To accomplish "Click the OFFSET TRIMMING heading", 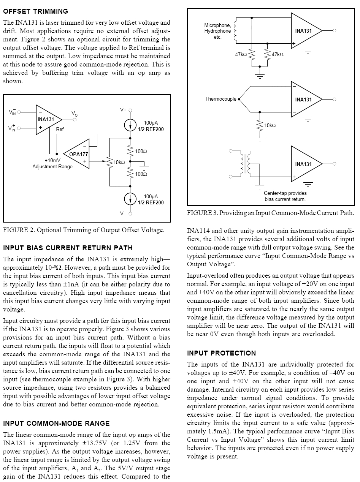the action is click(36, 11).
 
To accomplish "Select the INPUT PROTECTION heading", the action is click(222, 353).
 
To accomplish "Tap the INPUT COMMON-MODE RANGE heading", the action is click(56, 424).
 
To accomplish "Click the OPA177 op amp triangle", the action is click(76, 154).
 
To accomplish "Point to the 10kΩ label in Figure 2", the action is click(119, 162).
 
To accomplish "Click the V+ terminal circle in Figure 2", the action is click(130, 110).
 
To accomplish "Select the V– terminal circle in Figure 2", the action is click(130, 214).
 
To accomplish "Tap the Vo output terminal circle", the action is click(75, 120).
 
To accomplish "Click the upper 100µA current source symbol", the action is click(130, 125).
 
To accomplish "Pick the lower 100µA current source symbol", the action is click(130, 199).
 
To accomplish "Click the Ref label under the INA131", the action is click(60, 129).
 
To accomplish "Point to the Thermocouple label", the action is click(220, 99).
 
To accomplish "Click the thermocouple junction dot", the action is click(239, 99).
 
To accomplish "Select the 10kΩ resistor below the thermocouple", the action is click(260, 125).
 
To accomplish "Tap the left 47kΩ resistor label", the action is click(241, 54).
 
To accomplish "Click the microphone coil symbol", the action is click(235, 31).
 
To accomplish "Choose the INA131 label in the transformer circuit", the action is click(303, 164).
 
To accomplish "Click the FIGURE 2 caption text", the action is click(84, 230).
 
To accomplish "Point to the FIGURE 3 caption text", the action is click(271, 213).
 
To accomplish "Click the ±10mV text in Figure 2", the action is click(52, 161).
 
